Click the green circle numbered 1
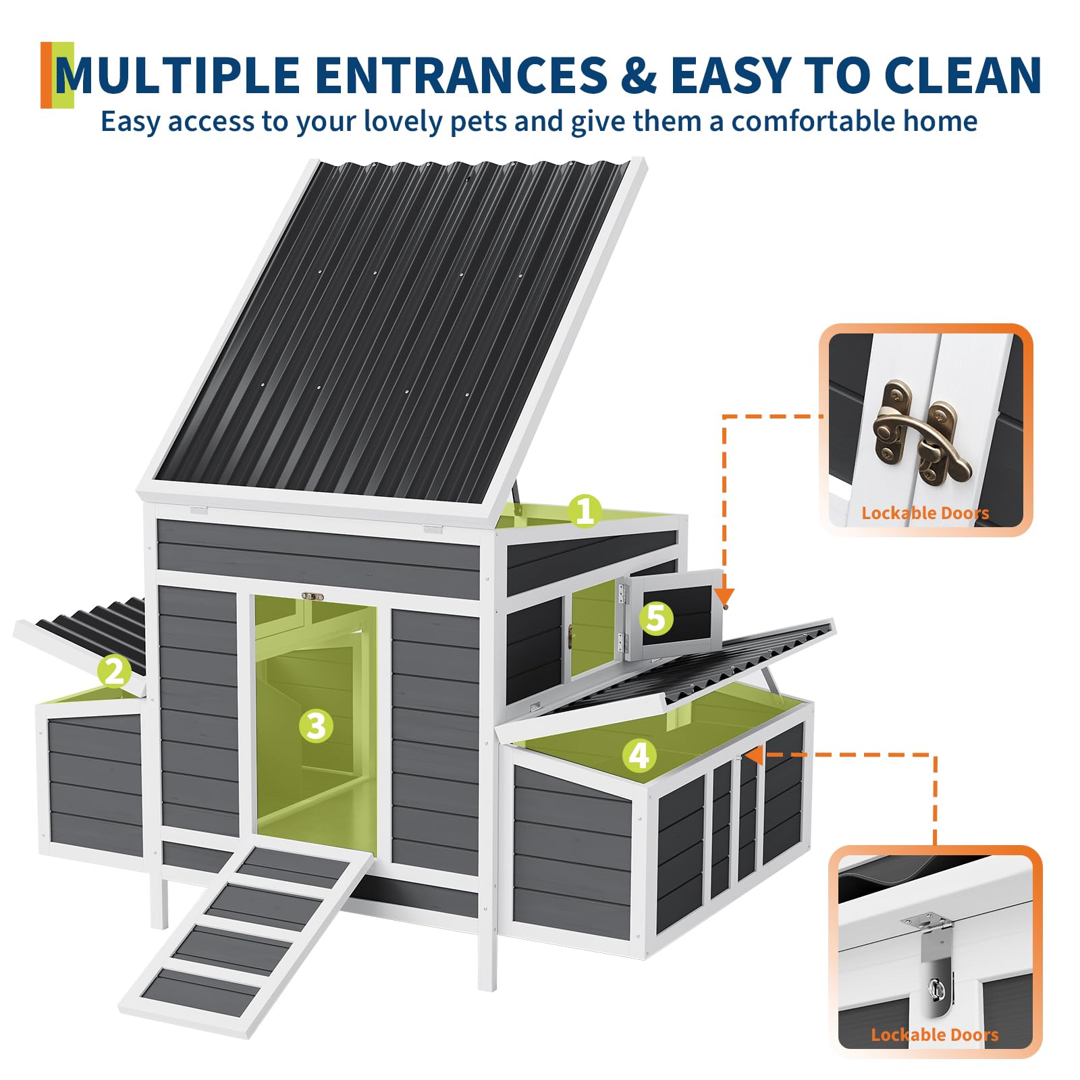tap(585, 511)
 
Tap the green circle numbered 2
tap(114, 672)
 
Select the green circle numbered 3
tap(316, 726)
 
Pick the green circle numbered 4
tap(639, 755)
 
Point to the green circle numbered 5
tap(656, 618)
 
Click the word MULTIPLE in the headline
tap(178, 74)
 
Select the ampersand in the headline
tap(639, 74)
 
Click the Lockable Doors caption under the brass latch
tap(925, 513)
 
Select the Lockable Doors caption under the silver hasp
tap(935, 1035)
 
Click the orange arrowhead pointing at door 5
tap(724, 596)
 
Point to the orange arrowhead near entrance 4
tap(754, 755)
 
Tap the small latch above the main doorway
tap(313, 597)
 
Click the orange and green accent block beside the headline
tap(57, 75)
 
